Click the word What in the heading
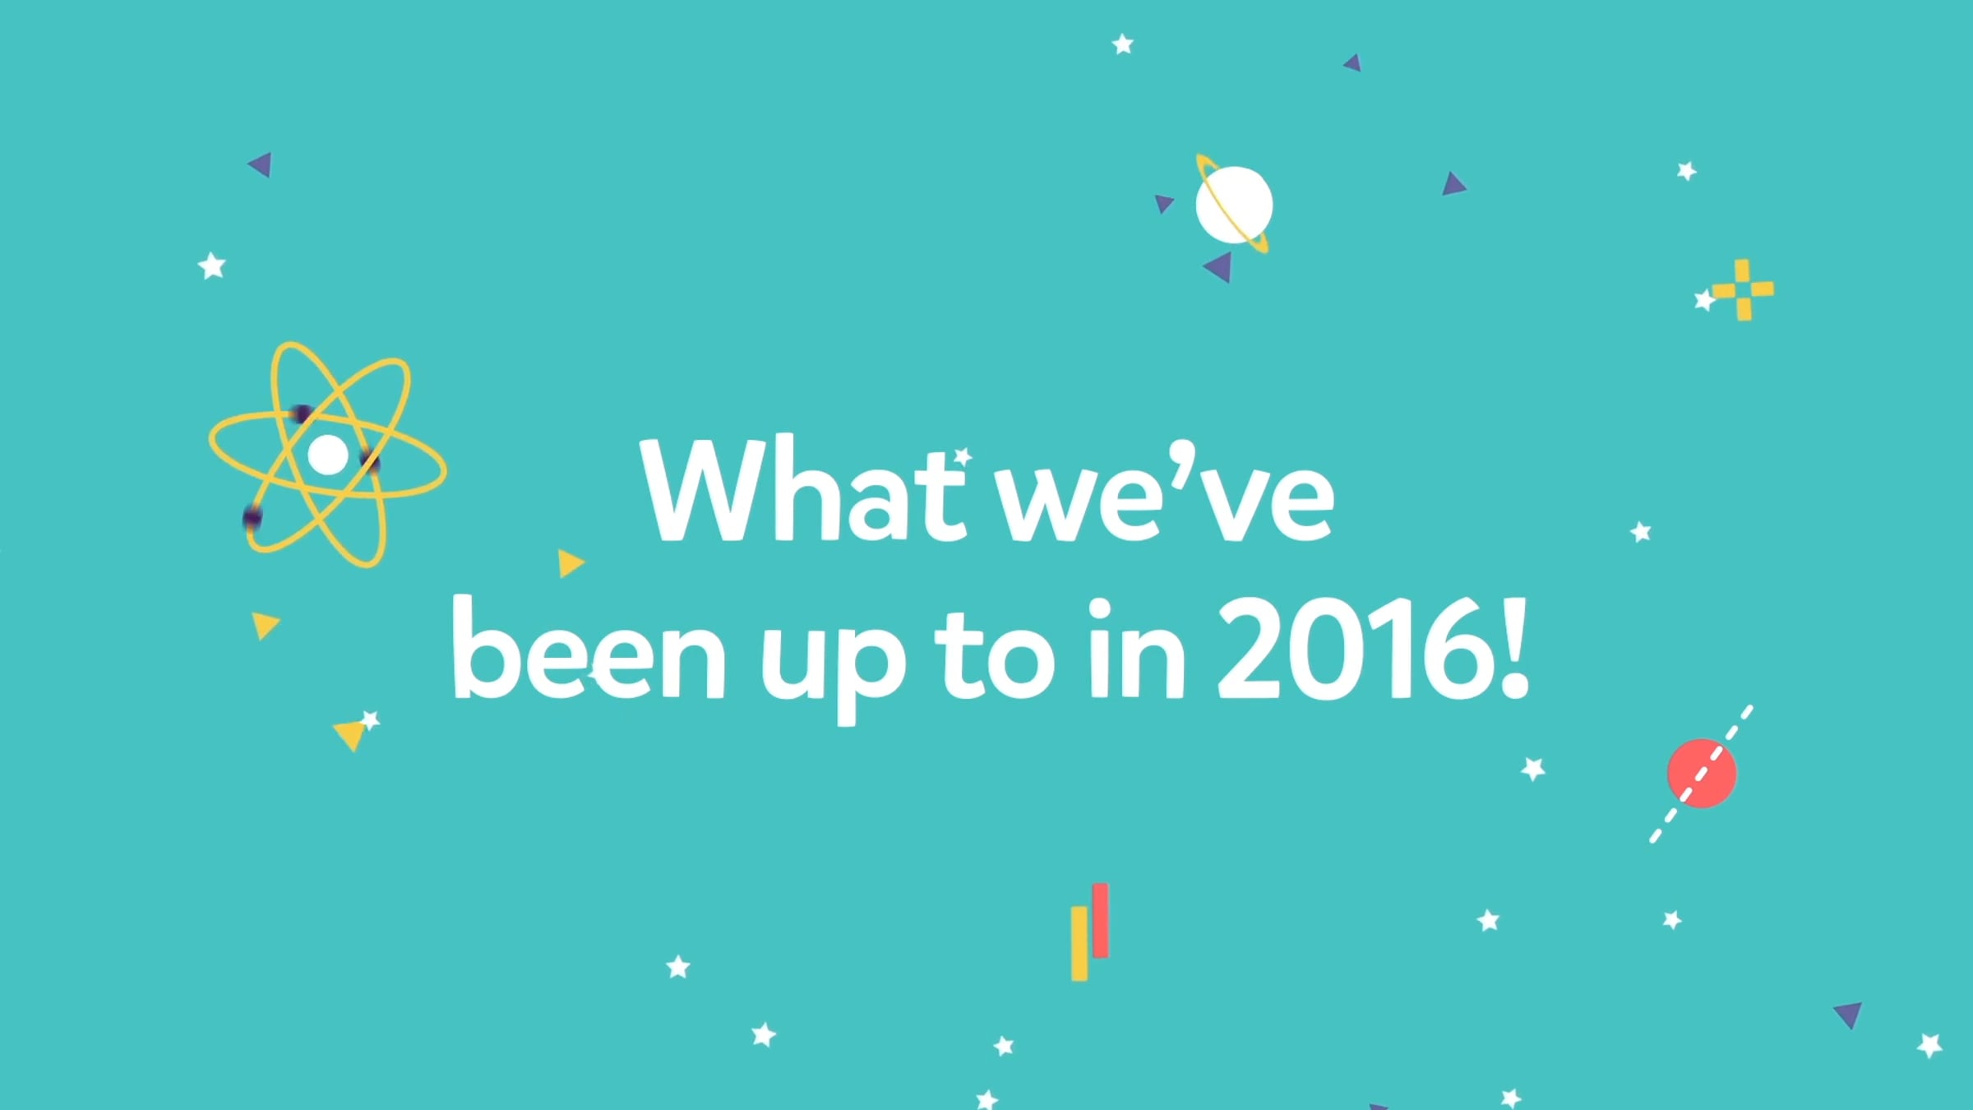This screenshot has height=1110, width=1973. (x=804, y=490)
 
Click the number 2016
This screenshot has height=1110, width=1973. (x=1352, y=650)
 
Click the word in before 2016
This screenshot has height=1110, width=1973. (x=1138, y=650)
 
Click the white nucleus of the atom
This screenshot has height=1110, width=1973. (x=328, y=455)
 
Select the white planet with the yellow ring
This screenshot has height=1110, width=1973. (x=1233, y=205)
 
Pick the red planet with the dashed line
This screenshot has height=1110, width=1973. (x=1702, y=773)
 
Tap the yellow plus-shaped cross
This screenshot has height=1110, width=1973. (x=1743, y=289)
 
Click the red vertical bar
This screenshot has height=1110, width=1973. (x=1101, y=921)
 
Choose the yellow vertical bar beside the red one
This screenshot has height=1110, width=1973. (x=1079, y=943)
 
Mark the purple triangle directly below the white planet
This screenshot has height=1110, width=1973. (x=1219, y=267)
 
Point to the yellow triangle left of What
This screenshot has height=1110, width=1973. (x=571, y=563)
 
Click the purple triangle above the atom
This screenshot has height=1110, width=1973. (x=261, y=164)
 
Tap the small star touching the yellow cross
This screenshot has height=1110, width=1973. (x=1704, y=300)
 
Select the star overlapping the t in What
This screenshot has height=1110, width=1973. (x=963, y=456)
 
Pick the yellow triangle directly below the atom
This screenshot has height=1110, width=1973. (x=265, y=625)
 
